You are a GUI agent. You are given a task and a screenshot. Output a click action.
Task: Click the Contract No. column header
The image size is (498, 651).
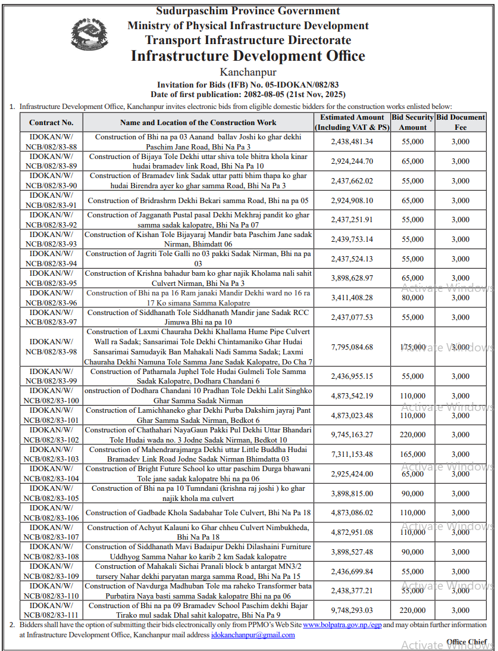(51, 123)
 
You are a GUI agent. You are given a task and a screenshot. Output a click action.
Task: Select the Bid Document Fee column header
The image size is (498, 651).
(460, 123)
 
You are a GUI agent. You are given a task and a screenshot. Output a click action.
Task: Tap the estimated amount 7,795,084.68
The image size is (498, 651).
(352, 347)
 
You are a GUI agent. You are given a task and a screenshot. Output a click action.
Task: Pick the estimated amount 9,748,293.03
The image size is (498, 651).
(352, 610)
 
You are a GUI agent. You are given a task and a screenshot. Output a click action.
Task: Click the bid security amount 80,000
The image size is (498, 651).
(412, 298)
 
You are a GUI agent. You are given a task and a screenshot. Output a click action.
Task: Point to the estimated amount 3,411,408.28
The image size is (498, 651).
(352, 298)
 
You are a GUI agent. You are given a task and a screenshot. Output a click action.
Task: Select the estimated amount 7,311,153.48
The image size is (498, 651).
(352, 454)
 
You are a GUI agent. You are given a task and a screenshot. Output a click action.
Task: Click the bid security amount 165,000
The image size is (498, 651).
(412, 454)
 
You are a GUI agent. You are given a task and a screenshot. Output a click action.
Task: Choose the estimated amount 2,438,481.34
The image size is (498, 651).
(352, 142)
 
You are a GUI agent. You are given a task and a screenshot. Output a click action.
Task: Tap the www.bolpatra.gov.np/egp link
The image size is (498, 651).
(342, 625)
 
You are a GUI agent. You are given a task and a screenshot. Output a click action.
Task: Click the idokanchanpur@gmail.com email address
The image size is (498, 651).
(253, 635)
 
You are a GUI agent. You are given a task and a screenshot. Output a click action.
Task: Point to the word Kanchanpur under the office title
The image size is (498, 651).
(248, 73)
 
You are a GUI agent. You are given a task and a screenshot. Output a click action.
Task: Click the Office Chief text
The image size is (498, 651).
(467, 642)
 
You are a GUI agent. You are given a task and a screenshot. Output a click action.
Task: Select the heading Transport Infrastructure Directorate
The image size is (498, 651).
(248, 41)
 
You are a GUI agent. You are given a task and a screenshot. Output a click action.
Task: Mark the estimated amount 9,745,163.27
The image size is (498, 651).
(352, 435)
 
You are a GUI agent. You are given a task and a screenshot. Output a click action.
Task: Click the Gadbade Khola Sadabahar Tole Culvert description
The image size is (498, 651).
(198, 513)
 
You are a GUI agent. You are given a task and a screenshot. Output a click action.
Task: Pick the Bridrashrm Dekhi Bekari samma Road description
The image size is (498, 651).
(198, 201)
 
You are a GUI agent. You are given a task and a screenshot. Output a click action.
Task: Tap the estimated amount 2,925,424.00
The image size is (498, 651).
(352, 474)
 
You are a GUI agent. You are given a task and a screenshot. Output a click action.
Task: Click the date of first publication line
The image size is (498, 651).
(248, 94)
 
